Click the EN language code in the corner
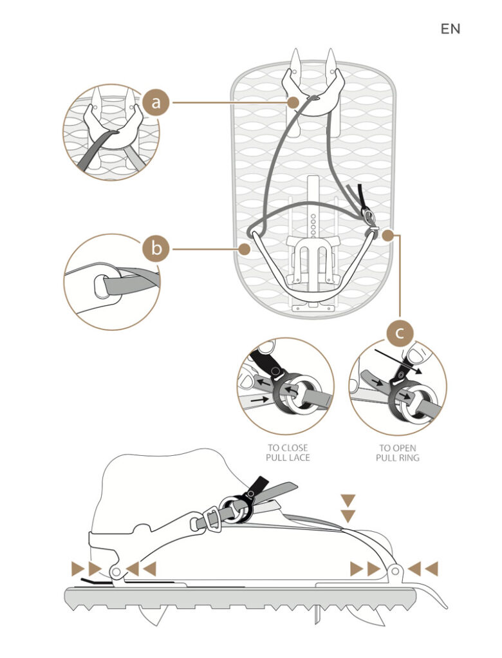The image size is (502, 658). [x=451, y=29]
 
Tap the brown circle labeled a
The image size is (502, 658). [x=156, y=102]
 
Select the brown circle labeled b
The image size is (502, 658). [x=156, y=249]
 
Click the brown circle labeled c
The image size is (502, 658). [x=400, y=334]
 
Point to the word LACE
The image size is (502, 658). [x=297, y=457]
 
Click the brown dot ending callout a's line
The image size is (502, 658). [x=293, y=102]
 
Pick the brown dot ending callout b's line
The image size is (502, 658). [x=244, y=249]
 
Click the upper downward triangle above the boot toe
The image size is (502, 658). [x=348, y=500]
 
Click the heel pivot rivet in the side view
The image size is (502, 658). [x=116, y=572]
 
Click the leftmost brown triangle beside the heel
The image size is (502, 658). [x=79, y=569]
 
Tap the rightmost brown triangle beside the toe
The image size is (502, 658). [x=432, y=569]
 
